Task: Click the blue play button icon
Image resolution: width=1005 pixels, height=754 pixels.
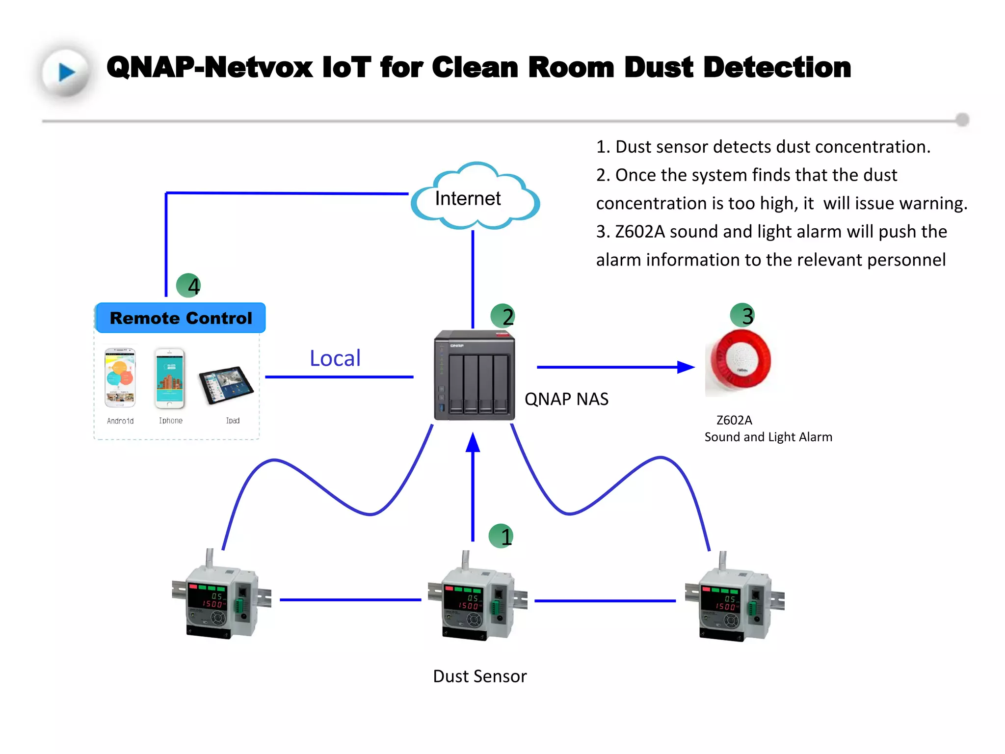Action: pyautogui.click(x=66, y=72)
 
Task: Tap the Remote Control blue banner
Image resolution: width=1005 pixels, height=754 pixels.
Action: pyautogui.click(x=181, y=318)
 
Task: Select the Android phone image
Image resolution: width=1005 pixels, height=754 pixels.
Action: pyautogui.click(x=120, y=378)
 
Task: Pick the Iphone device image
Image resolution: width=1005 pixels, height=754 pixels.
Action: pyautogui.click(x=169, y=378)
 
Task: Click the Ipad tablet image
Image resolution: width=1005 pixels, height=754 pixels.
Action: pyautogui.click(x=226, y=385)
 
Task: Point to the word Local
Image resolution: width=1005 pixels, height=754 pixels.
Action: pyautogui.click(x=335, y=358)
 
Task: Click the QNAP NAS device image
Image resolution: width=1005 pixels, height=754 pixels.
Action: pyautogui.click(x=474, y=376)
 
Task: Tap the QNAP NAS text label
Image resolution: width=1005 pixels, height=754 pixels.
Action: pyautogui.click(x=566, y=399)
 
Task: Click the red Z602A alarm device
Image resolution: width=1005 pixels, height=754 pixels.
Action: pyautogui.click(x=741, y=361)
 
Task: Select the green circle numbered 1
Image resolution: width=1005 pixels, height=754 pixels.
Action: pyautogui.click(x=501, y=536)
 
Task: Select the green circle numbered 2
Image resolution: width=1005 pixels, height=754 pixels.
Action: pyautogui.click(x=502, y=316)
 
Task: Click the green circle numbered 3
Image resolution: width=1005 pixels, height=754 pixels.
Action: pyautogui.click(x=742, y=315)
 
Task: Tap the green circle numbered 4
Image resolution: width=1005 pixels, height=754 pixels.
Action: pyautogui.click(x=188, y=285)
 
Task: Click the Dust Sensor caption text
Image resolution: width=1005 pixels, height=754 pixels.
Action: pyautogui.click(x=479, y=676)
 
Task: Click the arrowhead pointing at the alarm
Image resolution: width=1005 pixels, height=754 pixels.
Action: pyautogui.click(x=686, y=367)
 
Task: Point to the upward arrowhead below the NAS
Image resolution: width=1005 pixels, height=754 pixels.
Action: pyautogui.click(x=473, y=443)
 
